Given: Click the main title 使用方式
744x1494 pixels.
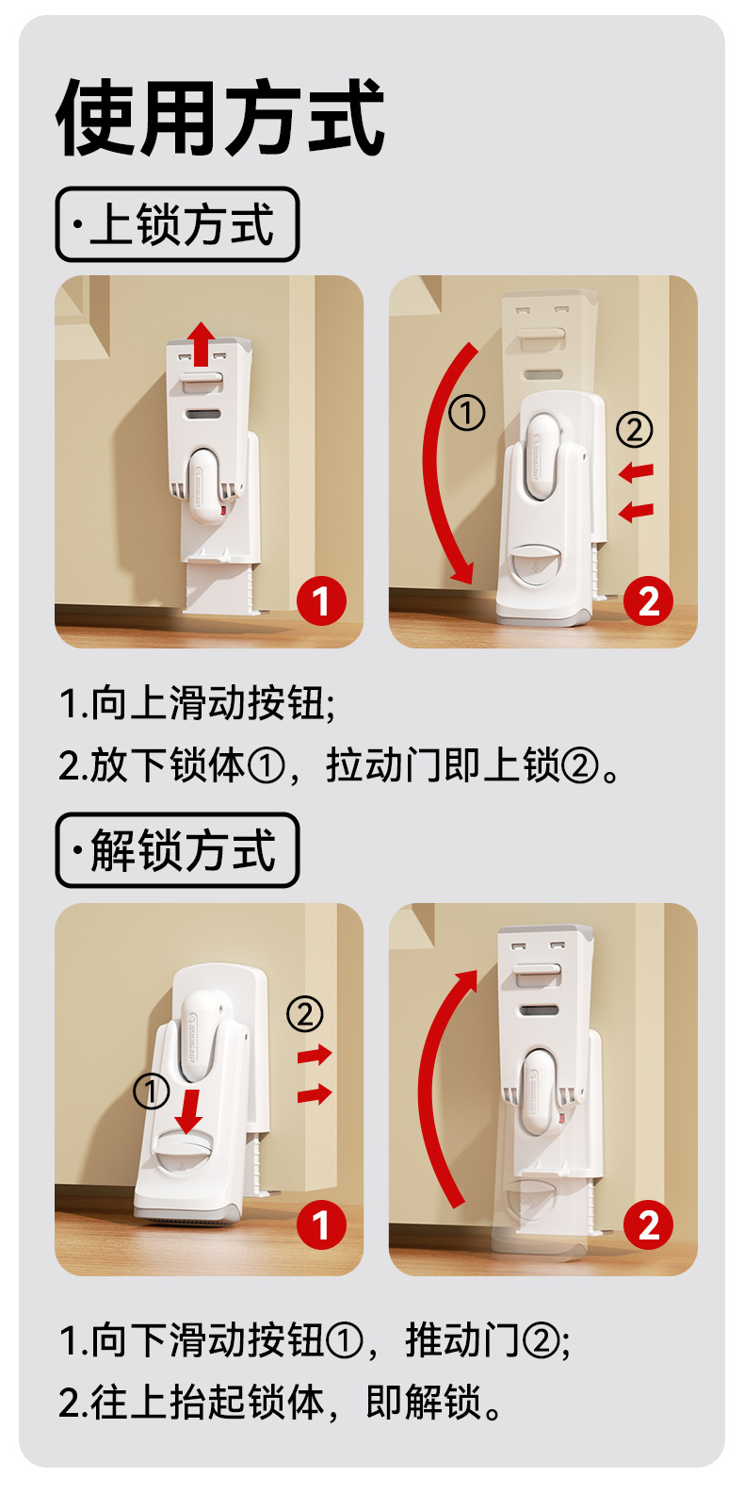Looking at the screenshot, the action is point(220,118).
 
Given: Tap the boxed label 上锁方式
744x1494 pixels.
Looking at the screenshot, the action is point(177,224).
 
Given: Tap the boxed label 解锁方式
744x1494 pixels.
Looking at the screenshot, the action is point(177,850).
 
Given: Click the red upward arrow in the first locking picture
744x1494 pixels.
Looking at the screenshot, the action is point(201,343).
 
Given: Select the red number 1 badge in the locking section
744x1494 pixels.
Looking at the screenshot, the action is point(321,600).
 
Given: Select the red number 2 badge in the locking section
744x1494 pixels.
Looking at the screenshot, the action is point(649,600).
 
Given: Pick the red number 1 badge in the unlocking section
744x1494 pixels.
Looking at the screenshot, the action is point(321,1224).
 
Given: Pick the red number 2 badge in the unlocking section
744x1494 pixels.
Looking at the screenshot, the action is point(649,1224).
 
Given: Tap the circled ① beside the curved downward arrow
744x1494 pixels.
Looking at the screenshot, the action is point(467,413).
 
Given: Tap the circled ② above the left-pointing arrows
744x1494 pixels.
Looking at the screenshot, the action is point(634,430).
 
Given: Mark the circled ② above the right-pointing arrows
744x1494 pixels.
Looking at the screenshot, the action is point(305,1014).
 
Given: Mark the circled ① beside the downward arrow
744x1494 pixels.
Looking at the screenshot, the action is point(152,1092).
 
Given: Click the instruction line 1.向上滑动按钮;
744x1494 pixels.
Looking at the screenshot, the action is point(198,703).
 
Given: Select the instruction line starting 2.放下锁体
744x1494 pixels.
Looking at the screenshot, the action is point(339,765).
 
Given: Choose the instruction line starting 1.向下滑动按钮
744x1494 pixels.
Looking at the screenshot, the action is point(315,1339).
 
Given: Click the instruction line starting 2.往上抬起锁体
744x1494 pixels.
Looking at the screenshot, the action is point(280,1402).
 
